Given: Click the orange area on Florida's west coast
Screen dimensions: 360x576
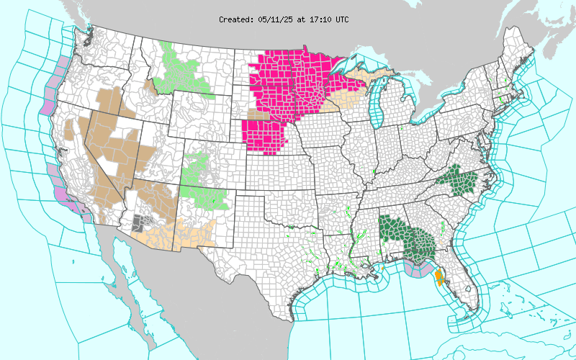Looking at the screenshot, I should click(439, 276).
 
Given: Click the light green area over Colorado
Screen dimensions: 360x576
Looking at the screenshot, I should click(202, 180).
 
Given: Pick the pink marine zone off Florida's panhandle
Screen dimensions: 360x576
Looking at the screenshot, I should click(418, 271).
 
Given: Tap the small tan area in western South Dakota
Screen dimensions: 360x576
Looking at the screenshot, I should click(253, 114).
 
